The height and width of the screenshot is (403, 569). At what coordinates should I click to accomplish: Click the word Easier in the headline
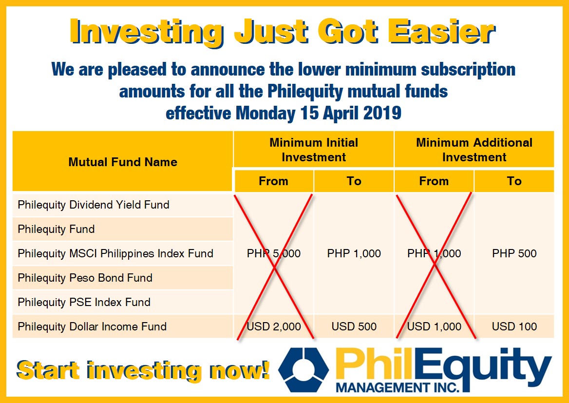441,31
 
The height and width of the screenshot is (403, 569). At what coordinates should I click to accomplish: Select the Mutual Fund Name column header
123,162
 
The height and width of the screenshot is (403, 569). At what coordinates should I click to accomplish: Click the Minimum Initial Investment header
314,150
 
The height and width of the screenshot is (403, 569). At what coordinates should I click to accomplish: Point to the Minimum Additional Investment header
474,150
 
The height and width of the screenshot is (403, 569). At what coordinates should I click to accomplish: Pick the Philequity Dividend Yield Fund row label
94,205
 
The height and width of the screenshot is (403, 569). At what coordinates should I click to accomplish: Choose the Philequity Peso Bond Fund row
85,278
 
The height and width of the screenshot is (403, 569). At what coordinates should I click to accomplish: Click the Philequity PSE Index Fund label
84,302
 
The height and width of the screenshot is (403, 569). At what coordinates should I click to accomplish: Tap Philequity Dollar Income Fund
92,326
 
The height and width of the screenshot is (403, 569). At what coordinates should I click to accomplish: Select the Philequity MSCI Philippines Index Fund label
115,253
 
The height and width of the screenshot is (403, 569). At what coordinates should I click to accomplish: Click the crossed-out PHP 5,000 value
274,253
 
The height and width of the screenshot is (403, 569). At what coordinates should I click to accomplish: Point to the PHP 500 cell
514,253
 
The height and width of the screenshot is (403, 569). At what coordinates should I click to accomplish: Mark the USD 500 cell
354,326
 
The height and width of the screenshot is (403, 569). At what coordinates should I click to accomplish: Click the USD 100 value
514,326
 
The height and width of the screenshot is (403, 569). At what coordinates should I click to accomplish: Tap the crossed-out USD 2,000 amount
274,326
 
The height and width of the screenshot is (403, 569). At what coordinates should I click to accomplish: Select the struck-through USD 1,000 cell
434,326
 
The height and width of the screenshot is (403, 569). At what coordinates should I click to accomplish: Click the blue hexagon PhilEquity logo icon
303,370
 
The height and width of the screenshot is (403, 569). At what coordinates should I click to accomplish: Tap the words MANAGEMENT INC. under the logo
398,387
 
